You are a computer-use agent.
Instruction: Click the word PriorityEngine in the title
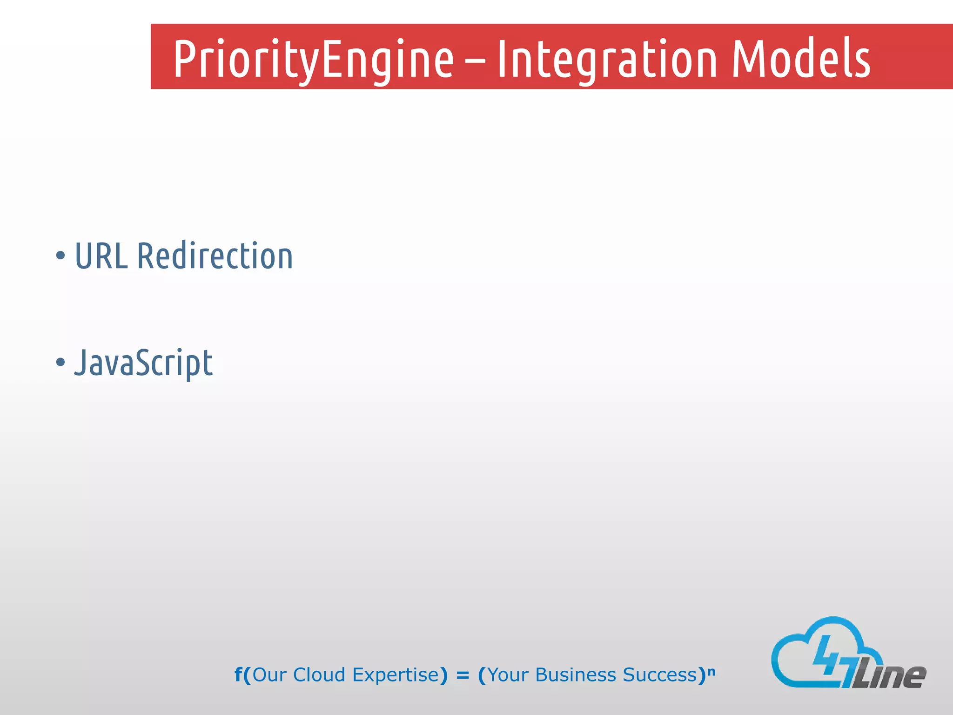[313, 60]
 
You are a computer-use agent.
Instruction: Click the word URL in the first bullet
[101, 256]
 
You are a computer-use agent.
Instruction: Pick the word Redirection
[215, 256]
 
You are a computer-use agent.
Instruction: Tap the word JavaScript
[143, 363]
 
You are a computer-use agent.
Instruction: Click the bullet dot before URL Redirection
[60, 256]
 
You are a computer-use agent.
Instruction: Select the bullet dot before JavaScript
[60, 362]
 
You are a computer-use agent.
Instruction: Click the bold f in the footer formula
[238, 674]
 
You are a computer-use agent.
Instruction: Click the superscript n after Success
[711, 671]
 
